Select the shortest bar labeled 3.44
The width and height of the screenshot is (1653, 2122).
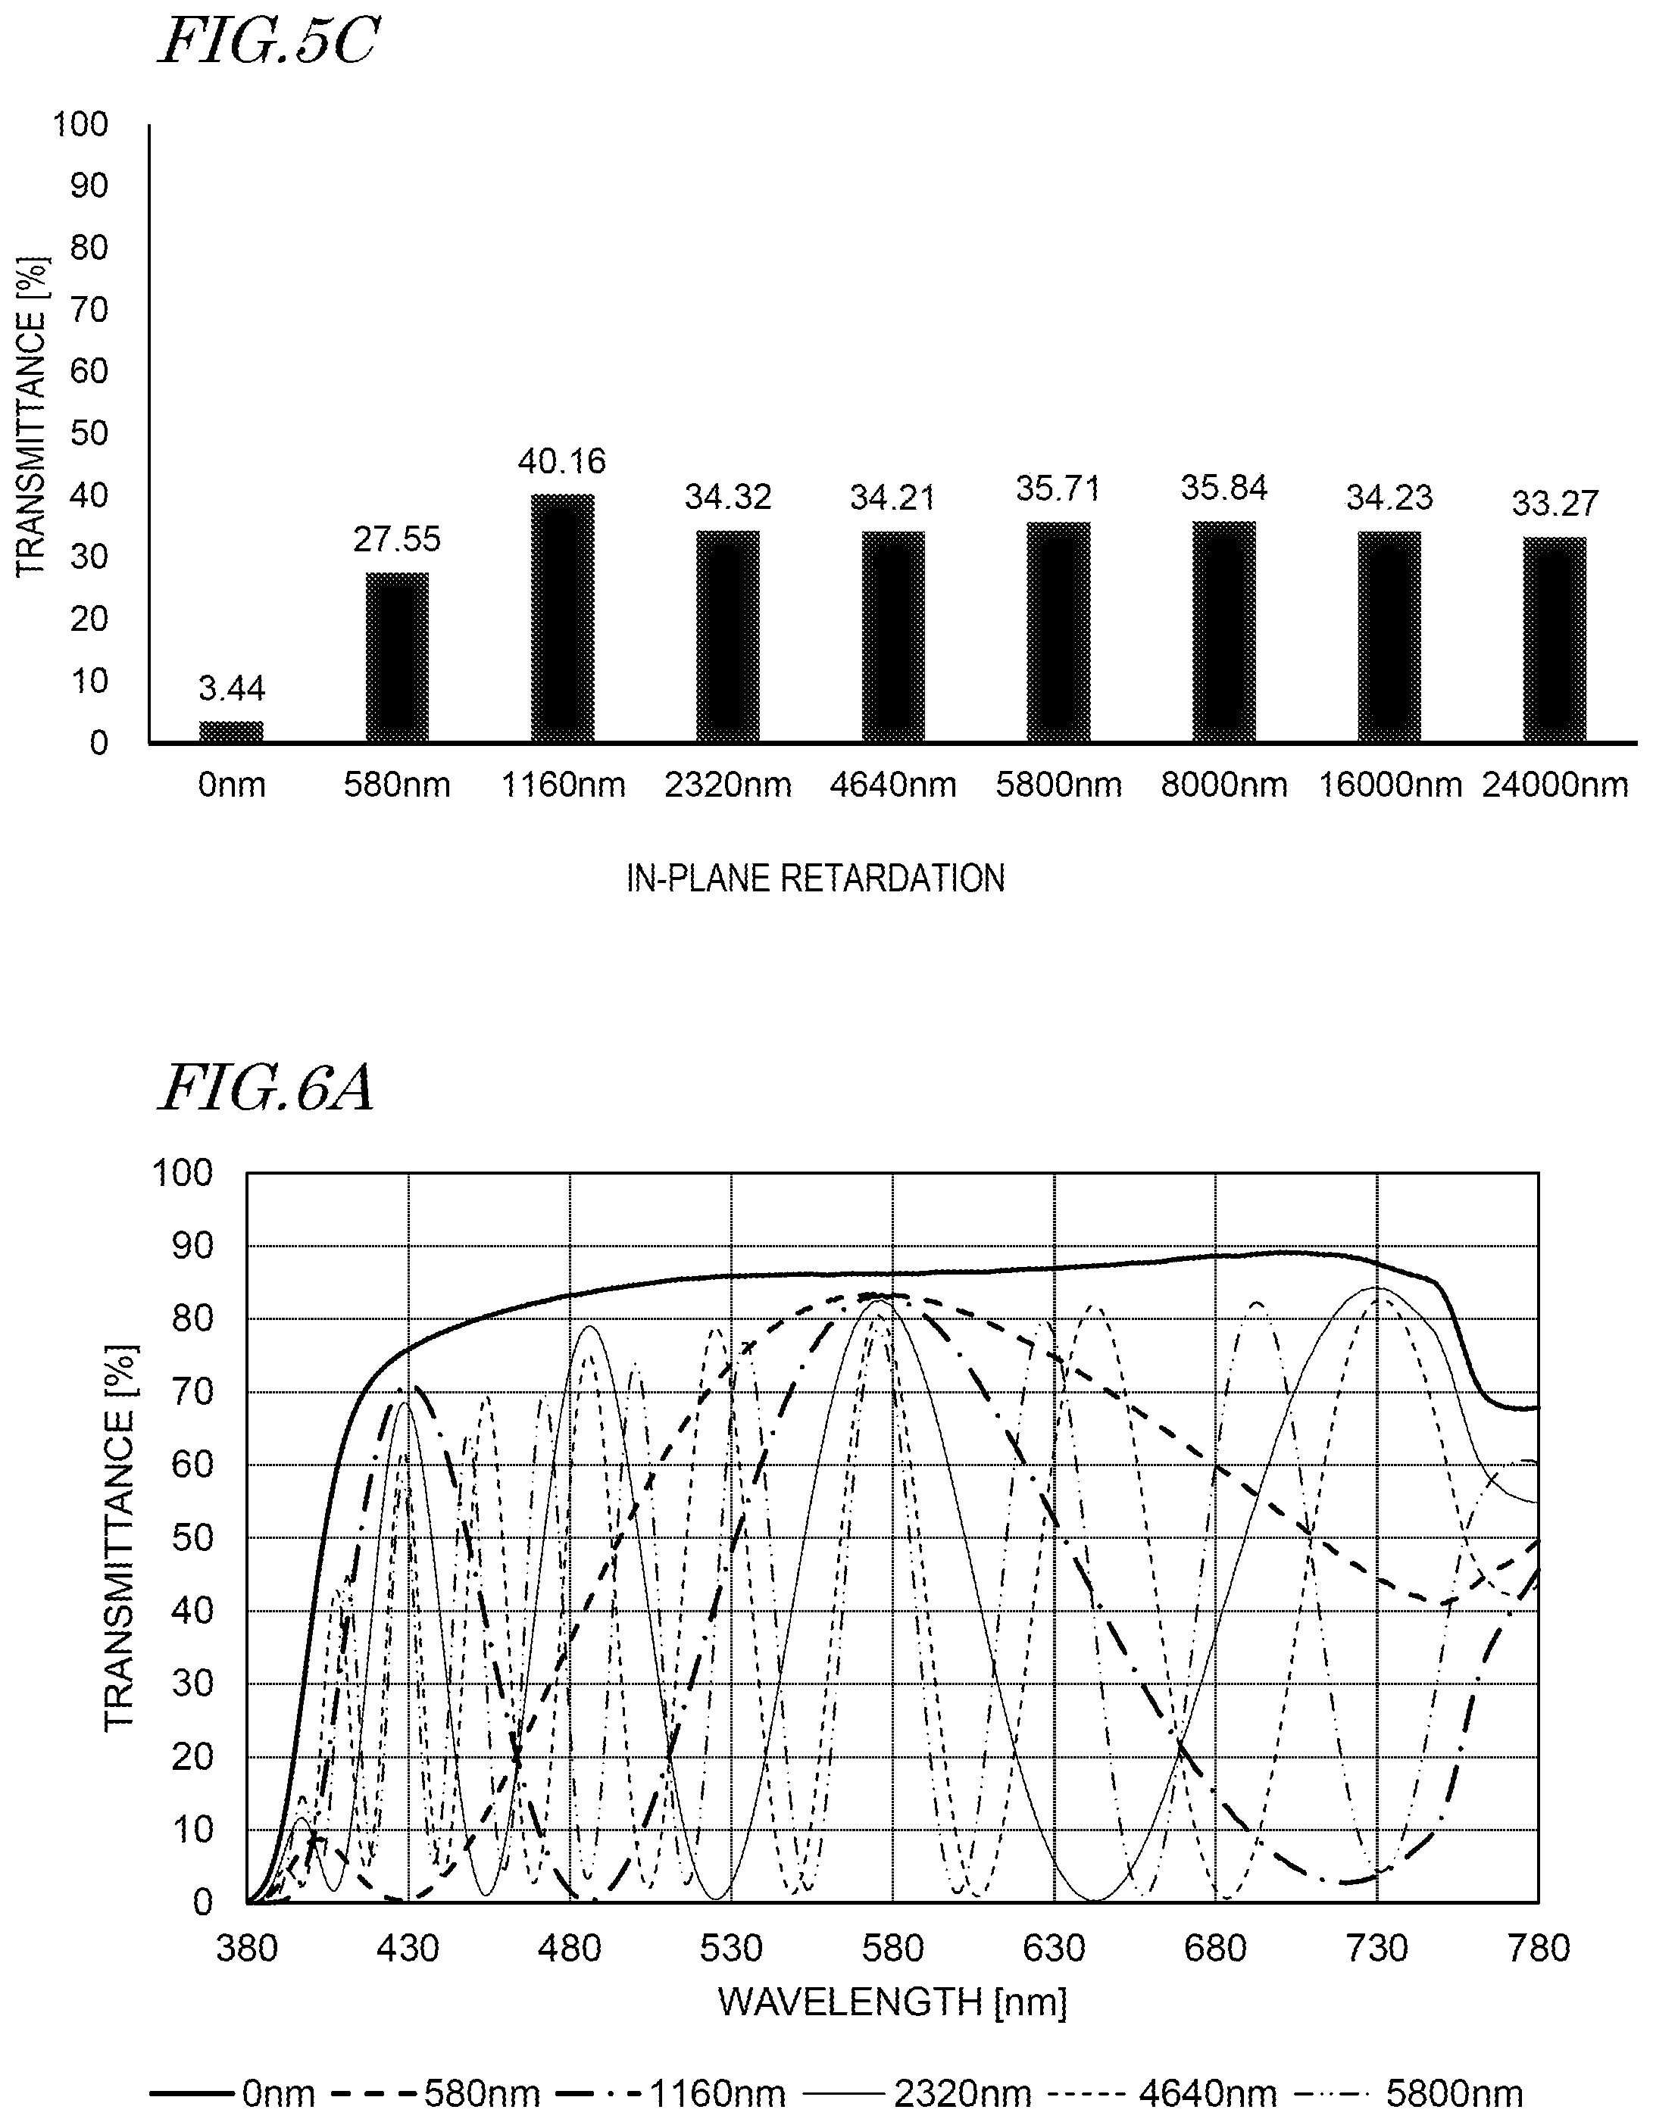pyautogui.click(x=231, y=732)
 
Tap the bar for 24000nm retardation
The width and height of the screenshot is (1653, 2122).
pyautogui.click(x=1555, y=640)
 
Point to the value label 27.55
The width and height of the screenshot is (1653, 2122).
pyautogui.click(x=396, y=539)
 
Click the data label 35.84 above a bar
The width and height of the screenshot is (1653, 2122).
pyautogui.click(x=1224, y=488)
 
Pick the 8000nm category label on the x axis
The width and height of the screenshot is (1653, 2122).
pyautogui.click(x=1224, y=784)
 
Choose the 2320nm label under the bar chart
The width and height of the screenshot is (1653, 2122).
pyautogui.click(x=728, y=784)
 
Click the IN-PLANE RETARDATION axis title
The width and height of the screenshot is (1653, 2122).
pyautogui.click(x=815, y=878)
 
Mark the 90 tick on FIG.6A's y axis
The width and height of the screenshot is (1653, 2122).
pyautogui.click(x=192, y=1247)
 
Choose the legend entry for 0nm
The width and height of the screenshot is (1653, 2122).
pyautogui.click(x=233, y=2093)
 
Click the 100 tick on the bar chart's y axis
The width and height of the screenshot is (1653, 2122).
pyautogui.click(x=80, y=124)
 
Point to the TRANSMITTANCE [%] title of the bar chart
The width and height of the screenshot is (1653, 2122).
pyautogui.click(x=32, y=416)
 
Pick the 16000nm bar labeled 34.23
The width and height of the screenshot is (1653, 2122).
pyautogui.click(x=1389, y=638)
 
